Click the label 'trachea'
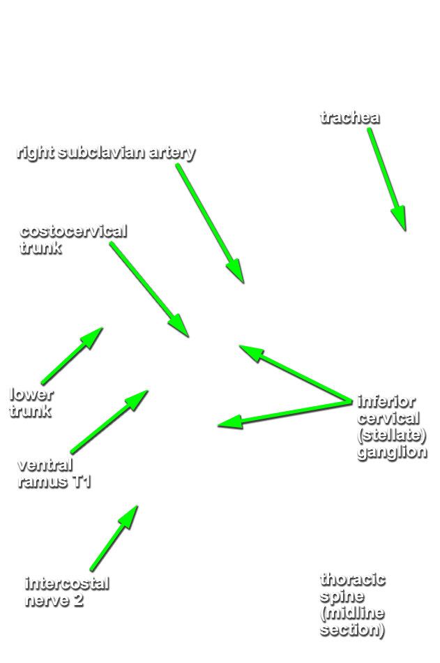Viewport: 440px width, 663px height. pyautogui.click(x=350, y=117)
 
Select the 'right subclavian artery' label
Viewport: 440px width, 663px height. pyautogui.click(x=105, y=153)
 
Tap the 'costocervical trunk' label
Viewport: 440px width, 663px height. pyautogui.click(x=73, y=239)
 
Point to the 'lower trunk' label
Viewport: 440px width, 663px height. pyautogui.click(x=31, y=402)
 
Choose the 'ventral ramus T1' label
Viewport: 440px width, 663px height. pyautogui.click(x=54, y=472)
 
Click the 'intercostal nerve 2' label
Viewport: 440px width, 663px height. pyautogui.click(x=66, y=591)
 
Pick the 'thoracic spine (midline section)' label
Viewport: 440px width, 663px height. pyautogui.click(x=352, y=604)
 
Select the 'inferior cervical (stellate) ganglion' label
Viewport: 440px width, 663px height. pyautogui.click(x=391, y=426)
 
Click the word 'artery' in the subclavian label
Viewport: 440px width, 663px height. pyautogui.click(x=172, y=153)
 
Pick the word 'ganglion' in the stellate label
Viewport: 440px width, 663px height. pyautogui.click(x=391, y=452)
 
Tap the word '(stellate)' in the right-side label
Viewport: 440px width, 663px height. pyautogui.click(x=390, y=434)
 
